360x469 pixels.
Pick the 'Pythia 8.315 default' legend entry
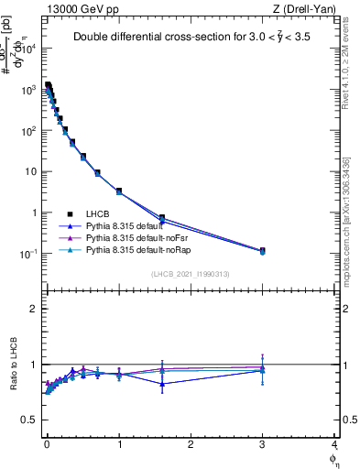(x=128, y=224)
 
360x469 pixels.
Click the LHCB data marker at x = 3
(x=263, y=250)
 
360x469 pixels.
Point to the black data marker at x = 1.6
(x=162, y=218)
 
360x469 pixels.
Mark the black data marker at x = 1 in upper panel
(x=119, y=191)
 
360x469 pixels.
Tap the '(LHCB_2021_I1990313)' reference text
(x=190, y=275)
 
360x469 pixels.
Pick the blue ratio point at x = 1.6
(x=162, y=384)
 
